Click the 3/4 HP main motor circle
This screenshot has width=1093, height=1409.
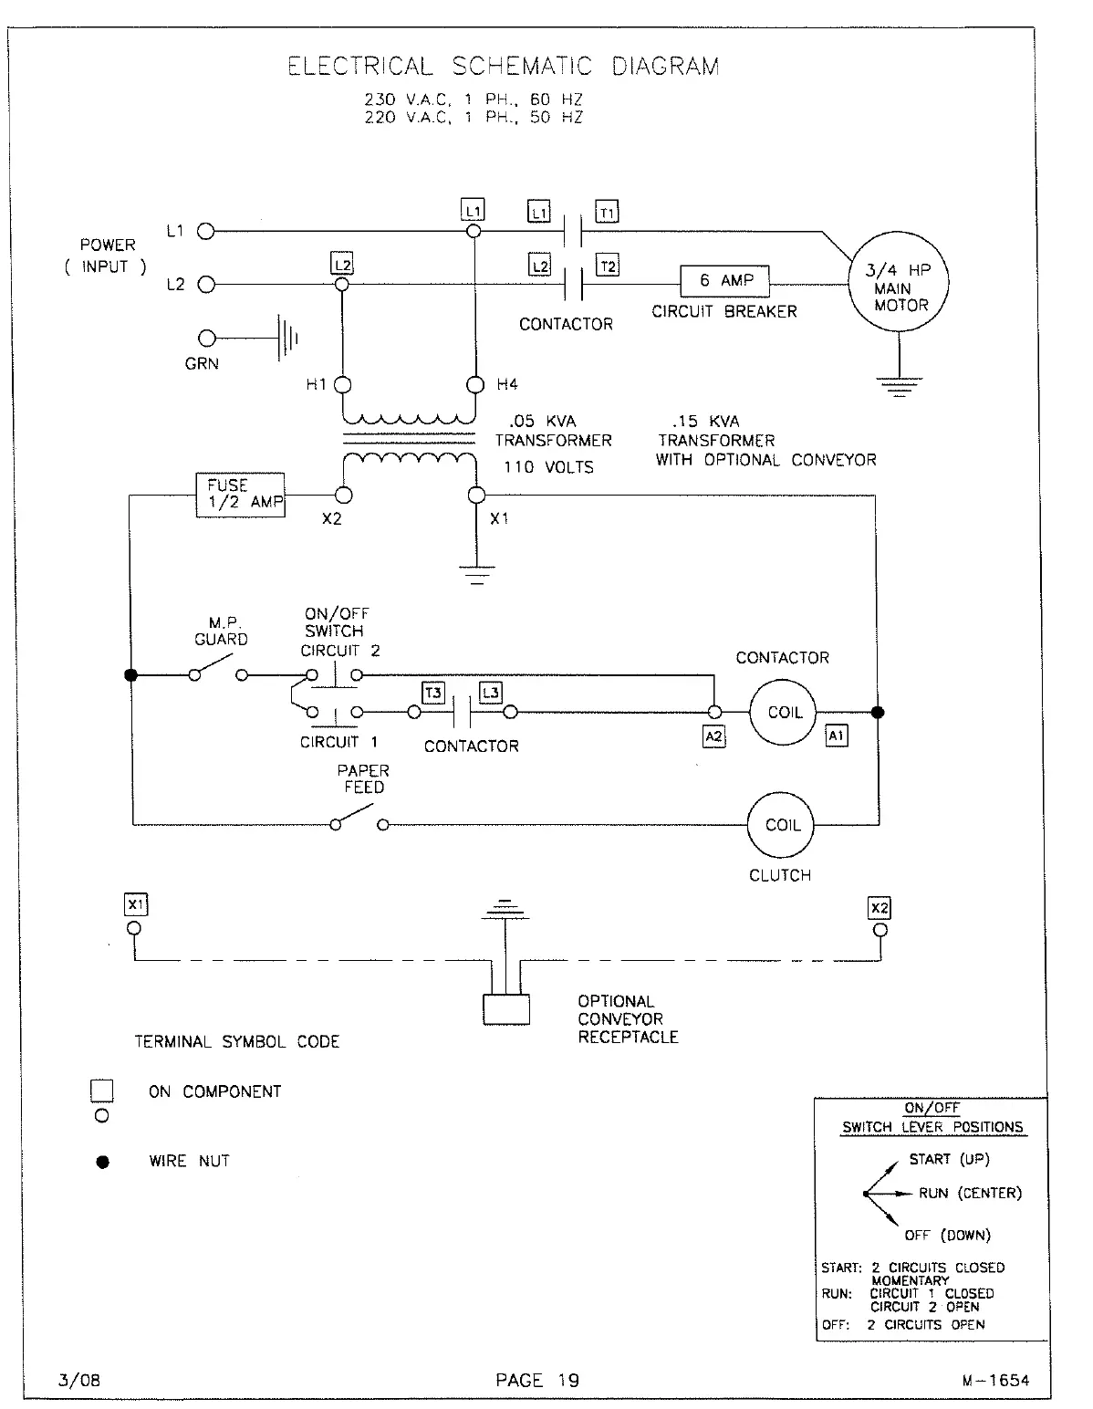[x=900, y=281]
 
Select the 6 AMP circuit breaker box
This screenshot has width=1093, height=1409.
[x=725, y=281]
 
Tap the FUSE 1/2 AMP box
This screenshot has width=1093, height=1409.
[x=241, y=495]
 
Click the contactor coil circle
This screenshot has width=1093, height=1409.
[x=783, y=713]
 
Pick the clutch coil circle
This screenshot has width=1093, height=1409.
[x=781, y=825]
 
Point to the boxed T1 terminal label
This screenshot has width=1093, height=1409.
[x=607, y=213]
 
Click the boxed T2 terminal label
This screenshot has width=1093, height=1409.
[x=607, y=266]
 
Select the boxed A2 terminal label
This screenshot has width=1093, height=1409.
[x=713, y=736]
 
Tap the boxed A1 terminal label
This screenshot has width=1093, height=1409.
[x=836, y=735]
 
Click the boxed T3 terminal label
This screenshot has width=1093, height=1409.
[x=433, y=693]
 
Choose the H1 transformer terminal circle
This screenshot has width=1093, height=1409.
[x=342, y=384]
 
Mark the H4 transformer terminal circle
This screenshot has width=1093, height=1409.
[x=474, y=384]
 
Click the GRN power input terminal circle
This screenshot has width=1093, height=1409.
[x=207, y=339]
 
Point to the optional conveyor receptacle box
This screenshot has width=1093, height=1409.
[x=506, y=1010]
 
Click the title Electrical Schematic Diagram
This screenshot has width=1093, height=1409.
[x=503, y=67]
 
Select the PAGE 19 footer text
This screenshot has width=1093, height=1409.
[x=537, y=1380]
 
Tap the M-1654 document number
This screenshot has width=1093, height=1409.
[x=995, y=1380]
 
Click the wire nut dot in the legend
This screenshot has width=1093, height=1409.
[x=103, y=1162]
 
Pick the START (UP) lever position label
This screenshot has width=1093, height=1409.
[x=949, y=1159]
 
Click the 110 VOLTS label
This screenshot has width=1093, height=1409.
[x=549, y=467]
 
